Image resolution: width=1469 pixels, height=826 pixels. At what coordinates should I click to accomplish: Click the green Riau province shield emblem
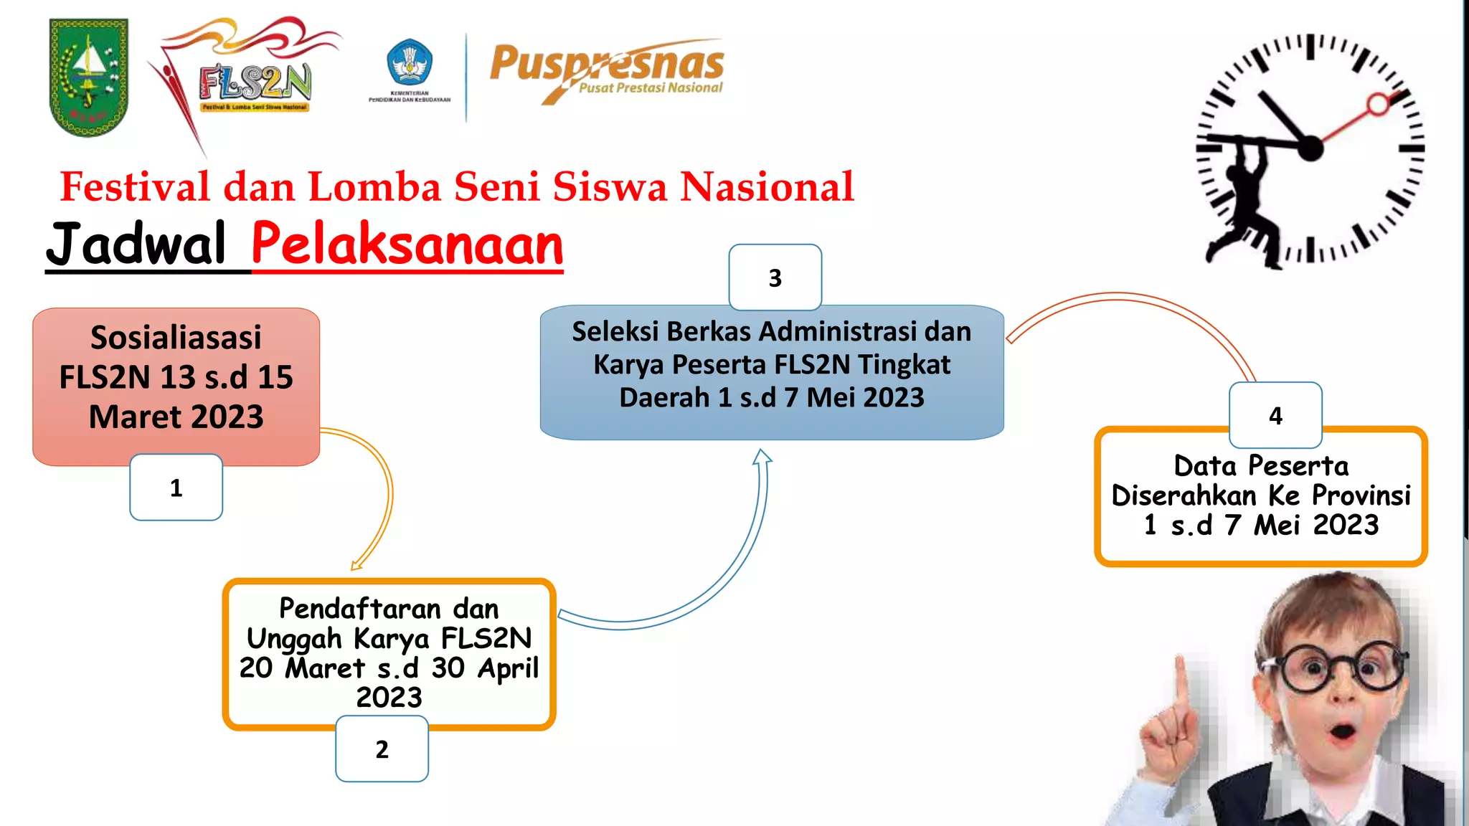[88, 77]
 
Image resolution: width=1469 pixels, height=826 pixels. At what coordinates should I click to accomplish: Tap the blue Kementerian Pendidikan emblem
[409, 63]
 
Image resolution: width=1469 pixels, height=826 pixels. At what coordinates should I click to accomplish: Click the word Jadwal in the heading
[136, 245]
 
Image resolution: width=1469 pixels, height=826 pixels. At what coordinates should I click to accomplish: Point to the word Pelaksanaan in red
[407, 245]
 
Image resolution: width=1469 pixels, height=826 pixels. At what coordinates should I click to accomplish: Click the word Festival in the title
[135, 187]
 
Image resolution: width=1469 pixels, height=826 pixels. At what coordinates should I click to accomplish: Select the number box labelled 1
[176, 488]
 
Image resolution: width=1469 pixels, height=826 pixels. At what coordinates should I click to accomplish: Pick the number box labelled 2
[382, 749]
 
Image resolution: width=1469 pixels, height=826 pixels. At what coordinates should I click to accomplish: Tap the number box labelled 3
[775, 277]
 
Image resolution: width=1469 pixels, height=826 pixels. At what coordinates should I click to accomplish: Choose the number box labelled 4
[1275, 416]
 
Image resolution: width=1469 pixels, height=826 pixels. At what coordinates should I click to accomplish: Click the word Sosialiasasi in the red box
[176, 338]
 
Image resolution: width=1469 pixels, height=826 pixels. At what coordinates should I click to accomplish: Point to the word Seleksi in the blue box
[615, 332]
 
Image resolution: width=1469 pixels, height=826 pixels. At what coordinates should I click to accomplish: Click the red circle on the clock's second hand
[1378, 105]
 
